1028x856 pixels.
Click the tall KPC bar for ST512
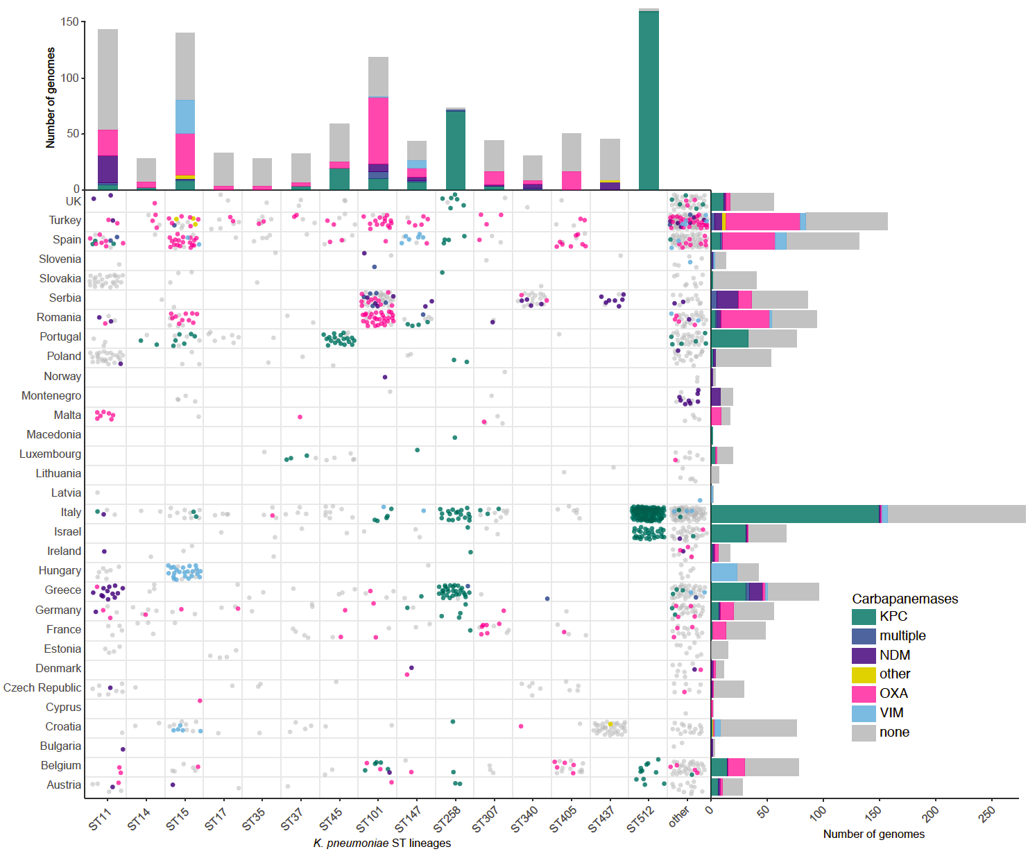(x=649, y=101)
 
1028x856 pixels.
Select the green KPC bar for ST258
(x=456, y=150)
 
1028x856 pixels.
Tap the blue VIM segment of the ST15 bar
(x=185, y=117)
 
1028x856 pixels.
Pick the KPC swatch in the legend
(x=864, y=617)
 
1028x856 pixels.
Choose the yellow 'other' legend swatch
(x=864, y=674)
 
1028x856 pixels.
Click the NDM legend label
(x=895, y=655)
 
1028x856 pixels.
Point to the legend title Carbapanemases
(x=905, y=599)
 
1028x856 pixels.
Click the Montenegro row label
(x=51, y=395)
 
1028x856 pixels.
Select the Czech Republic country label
(x=42, y=687)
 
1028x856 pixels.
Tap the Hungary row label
(x=60, y=570)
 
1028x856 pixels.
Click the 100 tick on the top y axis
(x=70, y=78)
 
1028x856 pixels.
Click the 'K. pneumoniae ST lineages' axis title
(x=382, y=843)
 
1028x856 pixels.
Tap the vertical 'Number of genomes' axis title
(x=51, y=98)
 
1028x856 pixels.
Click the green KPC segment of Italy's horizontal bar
(x=795, y=514)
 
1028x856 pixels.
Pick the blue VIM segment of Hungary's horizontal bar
(x=724, y=572)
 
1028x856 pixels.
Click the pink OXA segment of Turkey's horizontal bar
(x=762, y=221)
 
